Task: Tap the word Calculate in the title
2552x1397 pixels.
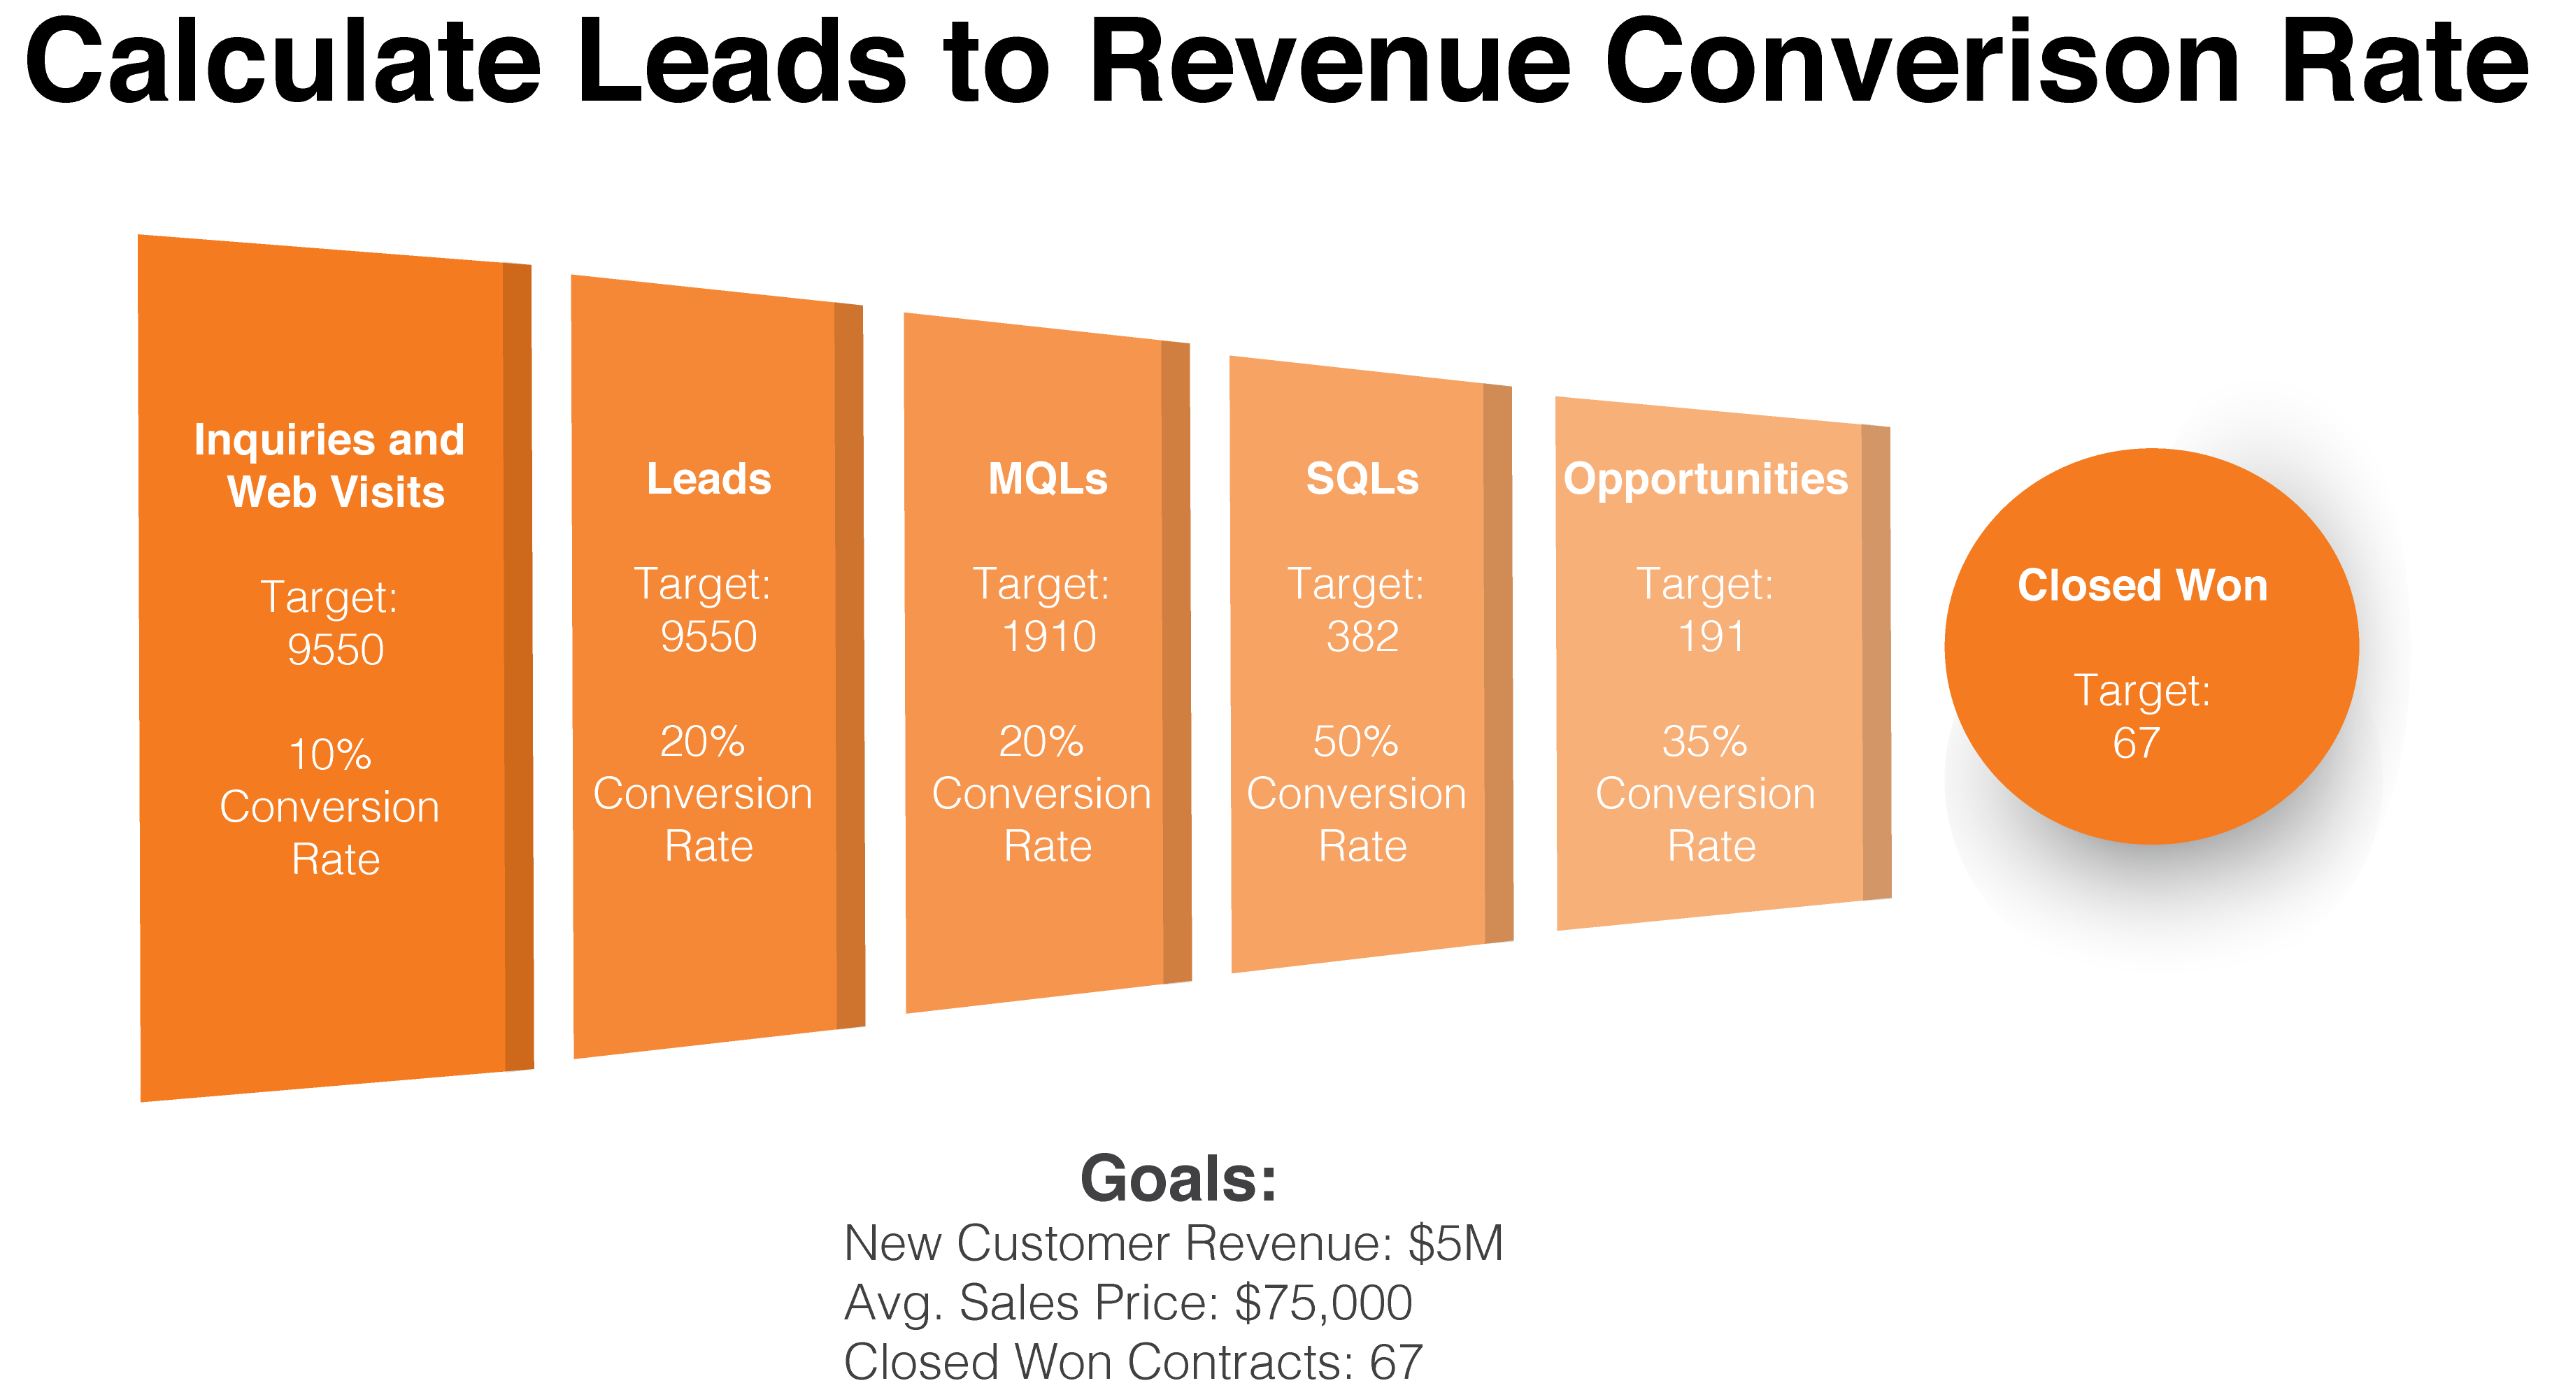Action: click(x=283, y=62)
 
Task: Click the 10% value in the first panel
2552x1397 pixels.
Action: click(x=330, y=755)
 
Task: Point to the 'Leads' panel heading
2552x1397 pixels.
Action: click(x=708, y=480)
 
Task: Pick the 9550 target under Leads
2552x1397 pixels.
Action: click(x=708, y=636)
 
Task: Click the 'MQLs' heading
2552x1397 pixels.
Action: click(x=1047, y=480)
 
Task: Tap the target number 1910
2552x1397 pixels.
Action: click(x=1048, y=636)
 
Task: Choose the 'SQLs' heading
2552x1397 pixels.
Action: click(x=1362, y=480)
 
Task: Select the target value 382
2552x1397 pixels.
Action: click(x=1362, y=636)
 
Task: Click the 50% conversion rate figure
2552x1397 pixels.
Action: click(x=1355, y=742)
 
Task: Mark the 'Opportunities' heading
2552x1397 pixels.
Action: click(x=1705, y=480)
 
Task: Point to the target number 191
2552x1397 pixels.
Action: click(x=1711, y=636)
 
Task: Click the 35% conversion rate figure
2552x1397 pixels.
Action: click(x=1704, y=742)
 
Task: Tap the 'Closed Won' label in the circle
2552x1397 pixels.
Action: click(x=2142, y=585)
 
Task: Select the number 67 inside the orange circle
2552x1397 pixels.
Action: click(x=2136, y=743)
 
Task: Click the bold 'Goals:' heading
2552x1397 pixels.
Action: click(x=1178, y=1179)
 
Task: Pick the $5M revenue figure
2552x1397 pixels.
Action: click(x=1455, y=1243)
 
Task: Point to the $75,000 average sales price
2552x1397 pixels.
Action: click(x=1323, y=1303)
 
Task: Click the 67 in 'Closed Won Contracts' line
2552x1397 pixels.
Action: click(x=1396, y=1362)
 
